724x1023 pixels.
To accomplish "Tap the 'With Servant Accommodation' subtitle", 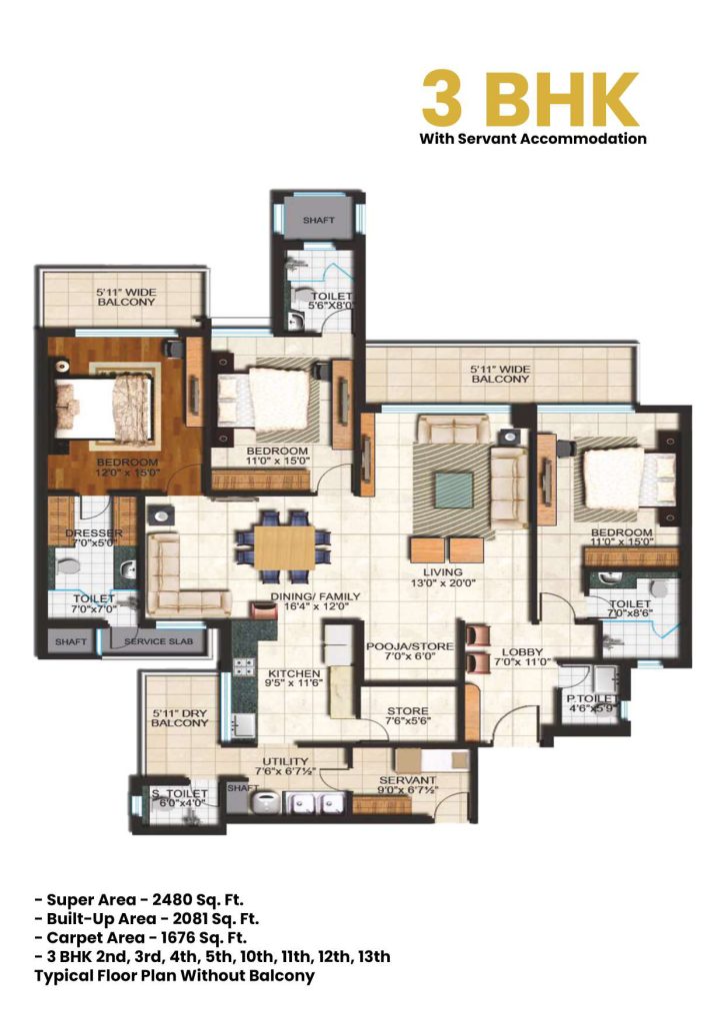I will click(x=533, y=139).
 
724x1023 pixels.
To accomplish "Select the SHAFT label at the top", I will click(x=319, y=219).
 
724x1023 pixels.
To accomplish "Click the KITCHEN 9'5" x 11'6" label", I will click(x=293, y=679).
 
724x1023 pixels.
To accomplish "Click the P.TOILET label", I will click(x=589, y=700).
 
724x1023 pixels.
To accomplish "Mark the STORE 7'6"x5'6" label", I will click(x=408, y=717).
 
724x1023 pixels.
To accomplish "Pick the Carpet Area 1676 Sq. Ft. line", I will click(x=145, y=937).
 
